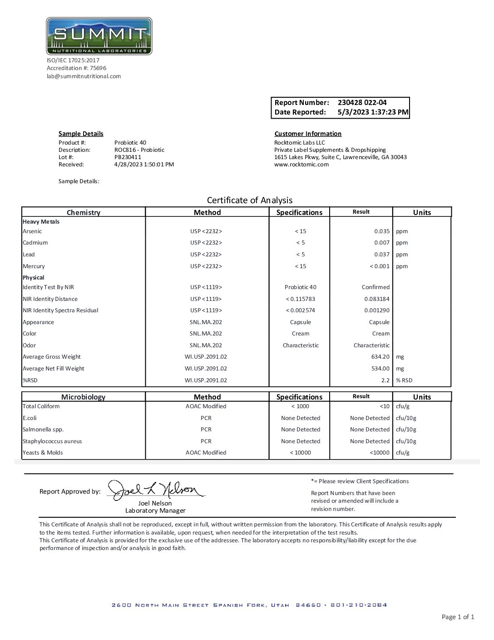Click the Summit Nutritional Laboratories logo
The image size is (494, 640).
(99, 36)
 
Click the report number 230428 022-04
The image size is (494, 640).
(362, 103)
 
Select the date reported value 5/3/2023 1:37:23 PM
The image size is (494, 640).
(373, 112)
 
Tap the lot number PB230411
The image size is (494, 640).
(128, 157)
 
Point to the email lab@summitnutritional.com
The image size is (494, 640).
(84, 76)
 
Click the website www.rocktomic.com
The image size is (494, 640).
(301, 165)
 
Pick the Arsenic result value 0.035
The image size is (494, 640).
(382, 231)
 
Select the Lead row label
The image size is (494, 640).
(29, 255)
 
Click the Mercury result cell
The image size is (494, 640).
(380, 266)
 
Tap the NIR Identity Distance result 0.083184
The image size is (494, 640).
(377, 299)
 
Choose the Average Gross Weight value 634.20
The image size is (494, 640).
(380, 357)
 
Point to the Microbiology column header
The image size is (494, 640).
(83, 397)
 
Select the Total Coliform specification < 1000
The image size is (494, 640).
(300, 406)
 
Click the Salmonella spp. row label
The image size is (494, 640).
(43, 430)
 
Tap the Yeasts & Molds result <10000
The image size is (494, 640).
(379, 453)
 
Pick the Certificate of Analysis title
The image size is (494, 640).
(250, 200)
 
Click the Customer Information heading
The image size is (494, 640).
(308, 134)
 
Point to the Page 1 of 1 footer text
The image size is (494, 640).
(458, 617)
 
